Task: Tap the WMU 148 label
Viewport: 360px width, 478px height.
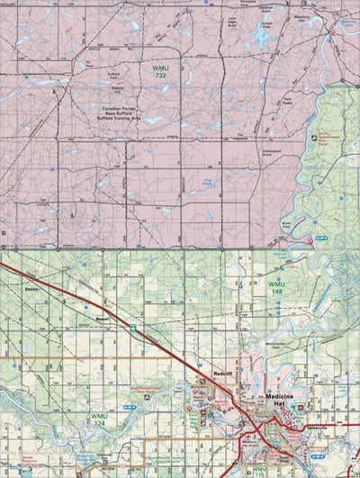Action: (x=276, y=287)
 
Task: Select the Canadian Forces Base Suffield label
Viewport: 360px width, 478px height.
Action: (x=123, y=113)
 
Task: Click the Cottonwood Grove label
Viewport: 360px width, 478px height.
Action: (x=274, y=152)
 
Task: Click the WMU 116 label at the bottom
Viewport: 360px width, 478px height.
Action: (x=258, y=470)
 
